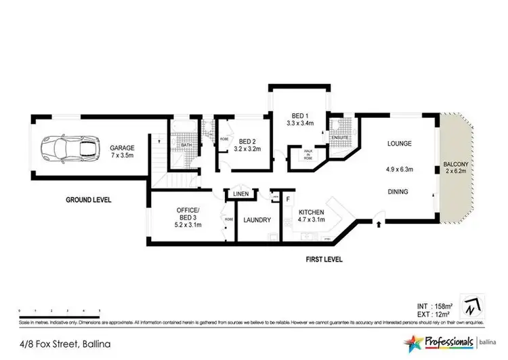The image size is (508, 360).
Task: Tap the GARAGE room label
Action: click(123, 148)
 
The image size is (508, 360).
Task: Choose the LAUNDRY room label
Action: click(256, 220)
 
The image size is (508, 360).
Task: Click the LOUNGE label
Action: click(399, 144)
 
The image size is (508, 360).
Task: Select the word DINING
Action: click(398, 192)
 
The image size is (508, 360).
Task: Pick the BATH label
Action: click(184, 144)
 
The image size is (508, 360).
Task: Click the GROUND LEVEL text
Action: click(88, 201)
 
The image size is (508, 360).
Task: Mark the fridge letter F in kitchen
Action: click(289, 199)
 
